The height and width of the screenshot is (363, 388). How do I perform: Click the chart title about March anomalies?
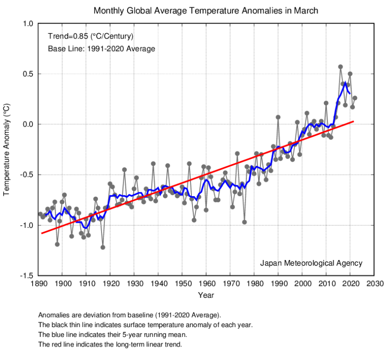(206, 10)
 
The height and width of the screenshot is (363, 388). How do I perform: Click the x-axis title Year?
(206, 295)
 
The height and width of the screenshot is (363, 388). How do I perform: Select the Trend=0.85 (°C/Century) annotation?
(91, 36)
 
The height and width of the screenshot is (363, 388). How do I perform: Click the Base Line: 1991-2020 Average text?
(101, 48)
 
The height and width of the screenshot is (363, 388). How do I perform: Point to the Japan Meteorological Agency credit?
(311, 263)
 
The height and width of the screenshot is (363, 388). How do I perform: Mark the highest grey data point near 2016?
(340, 67)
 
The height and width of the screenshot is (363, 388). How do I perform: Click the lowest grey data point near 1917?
(103, 247)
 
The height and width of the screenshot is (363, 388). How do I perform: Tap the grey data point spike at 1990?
(278, 117)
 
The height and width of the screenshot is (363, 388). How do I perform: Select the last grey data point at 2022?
(355, 98)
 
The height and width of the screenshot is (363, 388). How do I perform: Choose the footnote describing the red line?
(110, 345)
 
